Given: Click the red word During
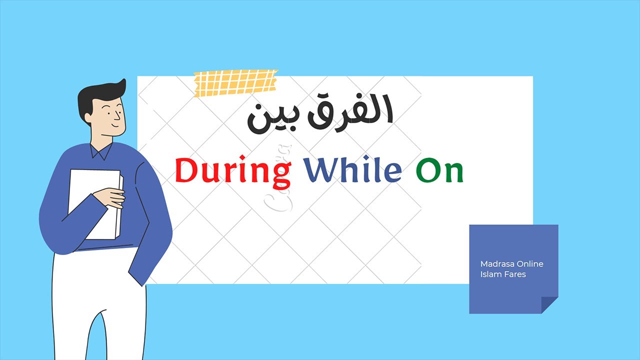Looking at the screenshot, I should [233, 171].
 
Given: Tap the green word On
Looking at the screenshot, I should [439, 171].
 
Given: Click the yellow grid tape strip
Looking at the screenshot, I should [235, 82].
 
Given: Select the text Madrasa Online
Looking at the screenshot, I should [511, 264].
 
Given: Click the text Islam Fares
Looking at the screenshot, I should [503, 274].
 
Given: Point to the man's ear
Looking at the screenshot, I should [88, 119].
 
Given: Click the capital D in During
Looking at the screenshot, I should [186, 171].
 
